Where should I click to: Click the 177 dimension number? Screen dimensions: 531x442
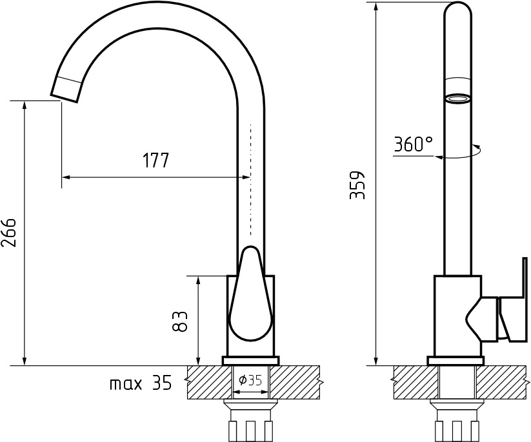155,160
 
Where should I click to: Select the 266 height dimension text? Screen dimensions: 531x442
9,233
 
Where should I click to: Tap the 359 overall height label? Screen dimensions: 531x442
357,185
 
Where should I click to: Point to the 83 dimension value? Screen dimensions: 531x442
179,322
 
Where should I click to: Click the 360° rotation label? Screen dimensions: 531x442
413,144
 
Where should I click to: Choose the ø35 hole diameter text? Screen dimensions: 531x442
250,380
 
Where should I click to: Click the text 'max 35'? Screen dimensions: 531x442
141,383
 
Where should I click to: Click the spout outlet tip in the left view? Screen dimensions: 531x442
65,97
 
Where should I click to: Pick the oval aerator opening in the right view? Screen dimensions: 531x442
458,99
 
